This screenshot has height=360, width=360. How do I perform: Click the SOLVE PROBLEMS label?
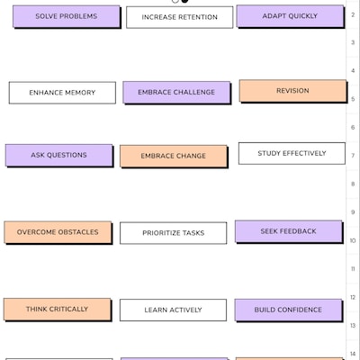tap(66, 16)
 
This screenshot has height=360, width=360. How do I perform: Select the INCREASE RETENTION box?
tap(179, 17)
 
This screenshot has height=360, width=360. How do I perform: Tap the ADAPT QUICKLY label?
tap(290, 16)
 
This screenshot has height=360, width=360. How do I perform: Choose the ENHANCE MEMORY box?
tap(62, 93)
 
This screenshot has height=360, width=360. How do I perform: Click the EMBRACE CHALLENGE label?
tap(176, 92)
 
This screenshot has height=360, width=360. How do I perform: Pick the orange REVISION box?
tap(292, 91)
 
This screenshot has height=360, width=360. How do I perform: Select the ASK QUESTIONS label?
tap(59, 155)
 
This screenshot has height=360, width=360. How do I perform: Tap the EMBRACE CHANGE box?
tap(174, 156)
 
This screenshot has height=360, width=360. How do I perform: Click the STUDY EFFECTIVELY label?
tap(292, 153)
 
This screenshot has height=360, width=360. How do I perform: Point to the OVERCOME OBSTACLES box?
tap(58, 232)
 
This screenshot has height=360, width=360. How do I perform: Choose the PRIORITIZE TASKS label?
tap(173, 233)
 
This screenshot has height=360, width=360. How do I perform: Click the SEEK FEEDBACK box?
tap(289, 231)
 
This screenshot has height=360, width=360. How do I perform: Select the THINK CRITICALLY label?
tap(58, 310)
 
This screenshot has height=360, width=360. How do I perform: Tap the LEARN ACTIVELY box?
tap(173, 310)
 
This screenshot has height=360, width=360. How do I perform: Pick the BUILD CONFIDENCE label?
tap(288, 310)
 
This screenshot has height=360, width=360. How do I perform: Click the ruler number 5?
tap(353, 99)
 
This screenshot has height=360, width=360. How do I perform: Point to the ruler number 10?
tap(353, 240)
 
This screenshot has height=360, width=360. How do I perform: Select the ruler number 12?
tap(353, 297)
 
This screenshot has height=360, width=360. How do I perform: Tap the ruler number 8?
tap(353, 184)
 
